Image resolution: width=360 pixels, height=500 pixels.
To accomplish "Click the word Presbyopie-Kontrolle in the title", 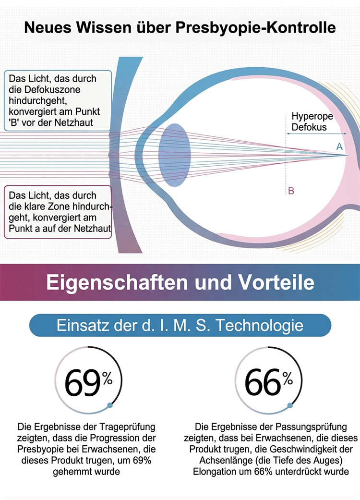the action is pyautogui.click(x=255, y=28).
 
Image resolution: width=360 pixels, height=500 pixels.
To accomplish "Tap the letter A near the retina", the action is pyautogui.click(x=339, y=146).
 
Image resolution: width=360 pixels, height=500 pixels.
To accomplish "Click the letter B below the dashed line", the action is pyautogui.click(x=291, y=191).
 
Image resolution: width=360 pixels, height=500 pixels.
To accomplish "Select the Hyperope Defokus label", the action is pyautogui.click(x=312, y=122).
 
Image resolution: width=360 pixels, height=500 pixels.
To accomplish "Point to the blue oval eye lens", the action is pyautogui.click(x=175, y=155).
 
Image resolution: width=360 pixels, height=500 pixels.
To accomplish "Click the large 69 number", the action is pyautogui.click(x=83, y=383).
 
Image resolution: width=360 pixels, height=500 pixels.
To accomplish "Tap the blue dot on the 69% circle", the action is pyautogui.click(x=110, y=405).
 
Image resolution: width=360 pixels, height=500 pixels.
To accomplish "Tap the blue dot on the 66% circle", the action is pyautogui.click(x=290, y=405).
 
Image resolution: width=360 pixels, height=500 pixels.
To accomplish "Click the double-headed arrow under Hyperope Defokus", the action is pyautogui.click(x=317, y=134).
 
